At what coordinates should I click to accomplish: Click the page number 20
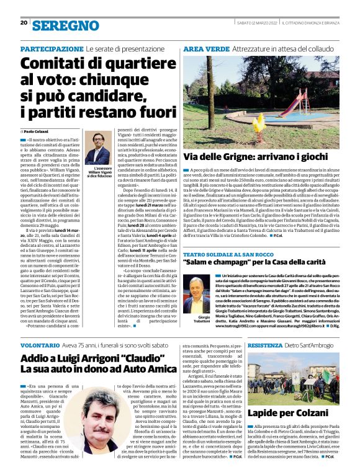click(x=23, y=22)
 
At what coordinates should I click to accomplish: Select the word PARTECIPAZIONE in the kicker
click(x=52, y=48)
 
